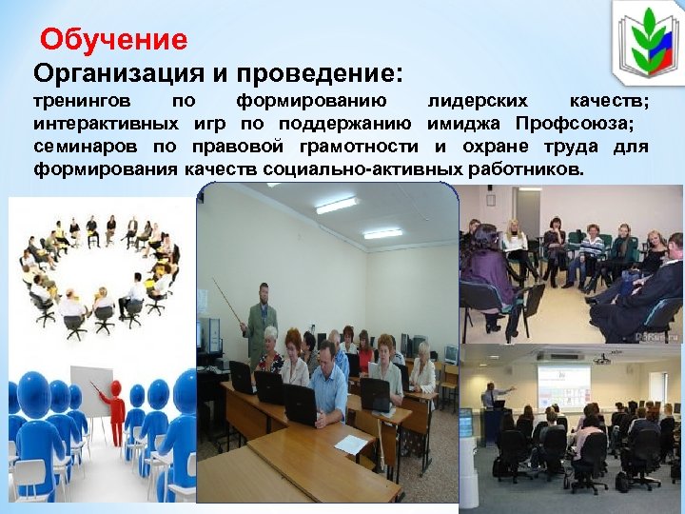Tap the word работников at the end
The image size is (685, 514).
pos(528,169)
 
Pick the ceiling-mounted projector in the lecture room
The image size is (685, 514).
pos(601,359)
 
